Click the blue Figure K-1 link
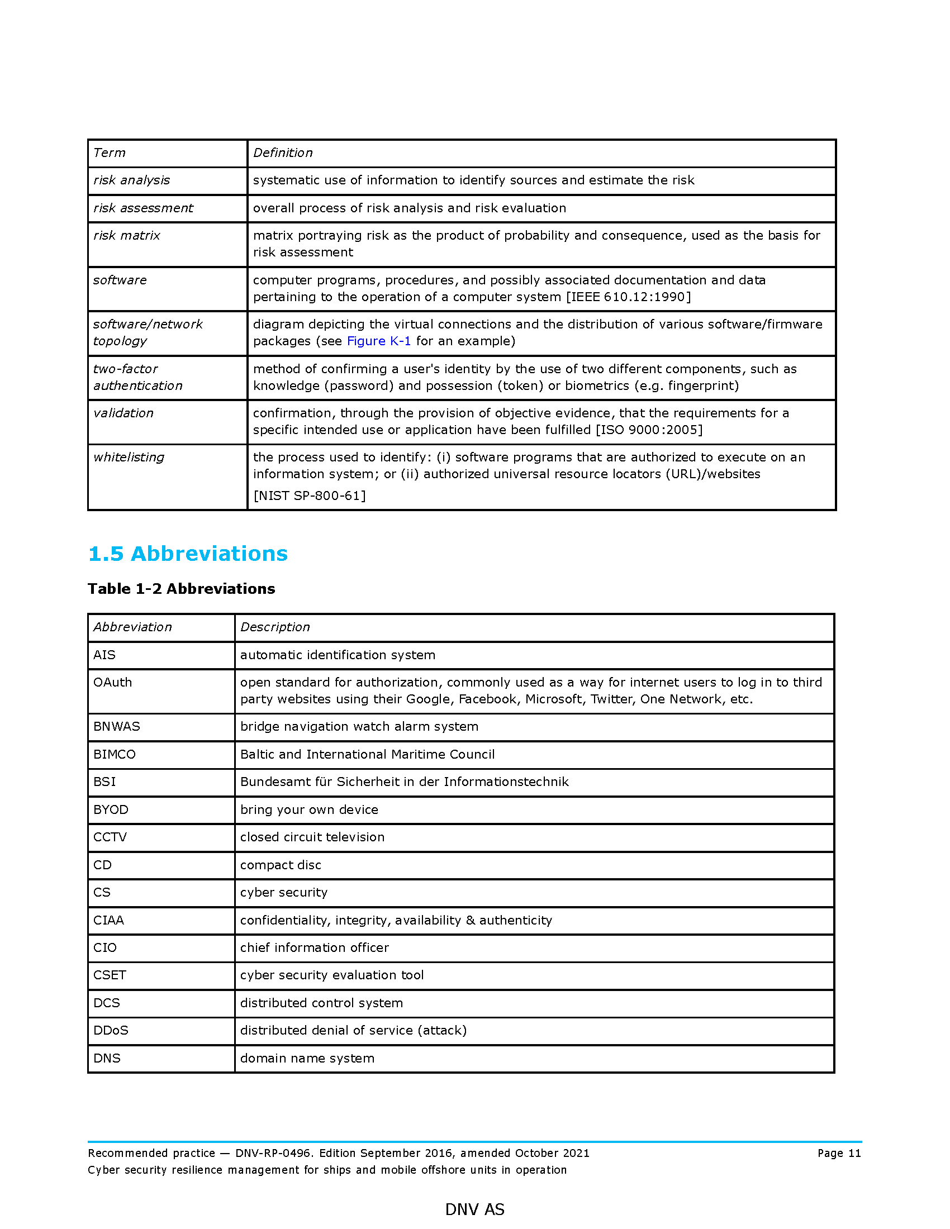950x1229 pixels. click(x=378, y=341)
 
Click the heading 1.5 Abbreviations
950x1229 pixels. click(x=188, y=554)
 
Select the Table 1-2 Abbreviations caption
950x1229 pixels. click(x=181, y=589)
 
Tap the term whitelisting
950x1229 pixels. click(x=129, y=458)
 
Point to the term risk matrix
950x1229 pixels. click(x=127, y=235)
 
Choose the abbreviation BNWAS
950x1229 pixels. click(x=116, y=726)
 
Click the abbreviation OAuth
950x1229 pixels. click(x=112, y=683)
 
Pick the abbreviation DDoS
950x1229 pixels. click(x=111, y=1030)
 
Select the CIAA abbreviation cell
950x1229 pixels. click(x=108, y=920)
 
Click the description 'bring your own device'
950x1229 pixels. click(x=309, y=810)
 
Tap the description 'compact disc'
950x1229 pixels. click(x=281, y=865)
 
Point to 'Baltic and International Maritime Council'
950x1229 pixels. click(x=368, y=755)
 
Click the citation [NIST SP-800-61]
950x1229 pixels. click(x=310, y=496)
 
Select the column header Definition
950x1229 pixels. click(x=283, y=153)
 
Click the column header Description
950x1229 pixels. click(x=274, y=627)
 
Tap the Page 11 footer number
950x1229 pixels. click(x=839, y=1153)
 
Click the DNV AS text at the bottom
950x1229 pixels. click(x=474, y=1209)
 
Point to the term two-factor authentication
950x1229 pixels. click(x=138, y=377)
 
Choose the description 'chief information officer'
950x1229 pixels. click(x=314, y=947)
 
